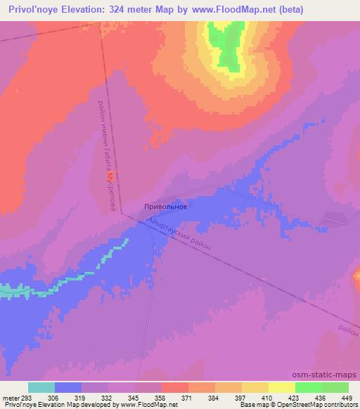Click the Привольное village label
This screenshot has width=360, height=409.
pyautogui.click(x=165, y=206)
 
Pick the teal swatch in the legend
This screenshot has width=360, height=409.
pyautogui.click(x=41, y=387)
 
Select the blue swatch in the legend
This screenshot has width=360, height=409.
pyautogui.click(x=68, y=387)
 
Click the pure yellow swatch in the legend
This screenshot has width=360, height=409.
pyautogui.click(x=282, y=387)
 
